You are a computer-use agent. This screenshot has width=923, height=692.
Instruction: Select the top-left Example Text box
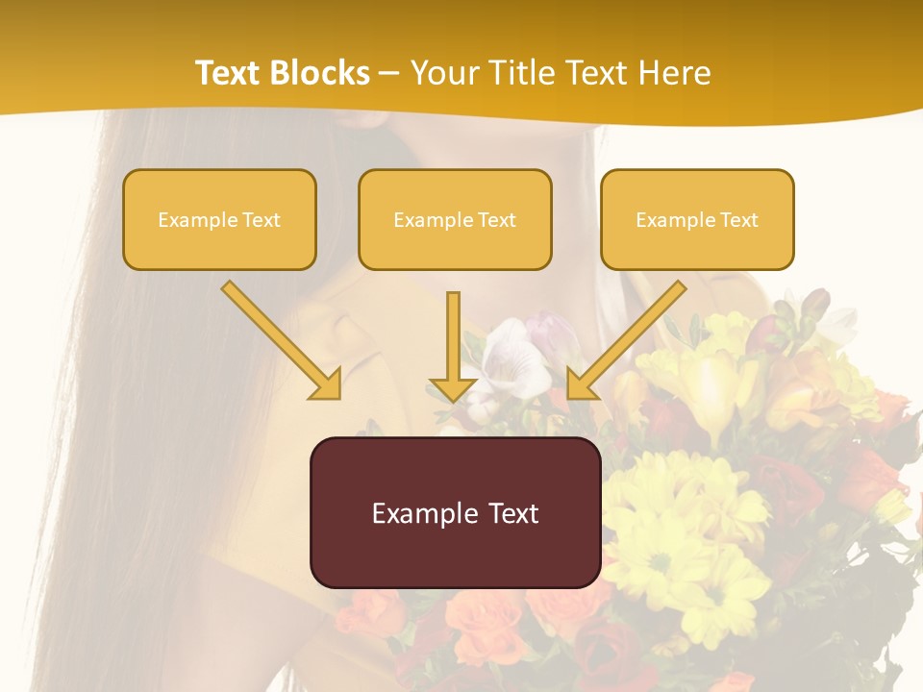pyautogui.click(x=219, y=219)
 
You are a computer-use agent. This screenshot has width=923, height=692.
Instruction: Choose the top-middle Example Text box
pyautogui.click(x=455, y=219)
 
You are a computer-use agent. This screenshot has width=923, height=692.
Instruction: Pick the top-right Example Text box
pyautogui.click(x=697, y=219)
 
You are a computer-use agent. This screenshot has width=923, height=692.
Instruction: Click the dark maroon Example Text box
pyautogui.click(x=455, y=512)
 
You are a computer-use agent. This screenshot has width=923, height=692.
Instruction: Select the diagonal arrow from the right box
pyautogui.click(x=629, y=336)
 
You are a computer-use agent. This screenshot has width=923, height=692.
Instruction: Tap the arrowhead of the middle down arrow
pyautogui.click(x=454, y=387)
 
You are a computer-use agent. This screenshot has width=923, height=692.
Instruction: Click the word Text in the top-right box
pyautogui.click(x=739, y=220)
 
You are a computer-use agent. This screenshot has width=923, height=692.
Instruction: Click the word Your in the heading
pyautogui.click(x=444, y=73)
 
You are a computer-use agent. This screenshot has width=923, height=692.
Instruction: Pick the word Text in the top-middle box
pyautogui.click(x=497, y=220)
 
